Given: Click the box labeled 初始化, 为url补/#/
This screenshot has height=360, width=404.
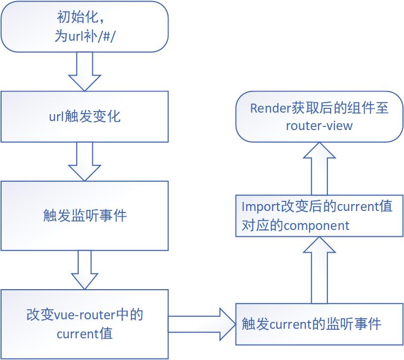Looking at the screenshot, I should (84, 26).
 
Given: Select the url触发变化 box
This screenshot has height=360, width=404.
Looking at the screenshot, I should (84, 116).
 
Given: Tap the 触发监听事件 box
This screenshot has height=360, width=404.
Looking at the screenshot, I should (84, 216).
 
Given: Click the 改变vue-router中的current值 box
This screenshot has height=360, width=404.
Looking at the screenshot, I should (84, 324).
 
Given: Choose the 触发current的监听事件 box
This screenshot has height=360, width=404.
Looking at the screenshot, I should (319, 324).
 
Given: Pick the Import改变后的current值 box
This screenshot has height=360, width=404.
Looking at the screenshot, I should (319, 216).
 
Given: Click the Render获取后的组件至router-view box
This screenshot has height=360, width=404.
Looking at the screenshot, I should (319, 116).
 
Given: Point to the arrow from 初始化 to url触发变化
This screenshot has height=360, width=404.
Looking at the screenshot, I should (84, 71).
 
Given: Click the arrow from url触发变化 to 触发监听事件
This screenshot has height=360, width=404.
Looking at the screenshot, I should (84, 161).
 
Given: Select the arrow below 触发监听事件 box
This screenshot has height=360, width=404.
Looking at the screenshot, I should (84, 270).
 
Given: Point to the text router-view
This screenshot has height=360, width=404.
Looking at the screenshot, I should (319, 126).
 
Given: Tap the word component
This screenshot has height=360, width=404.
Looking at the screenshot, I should (316, 226).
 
